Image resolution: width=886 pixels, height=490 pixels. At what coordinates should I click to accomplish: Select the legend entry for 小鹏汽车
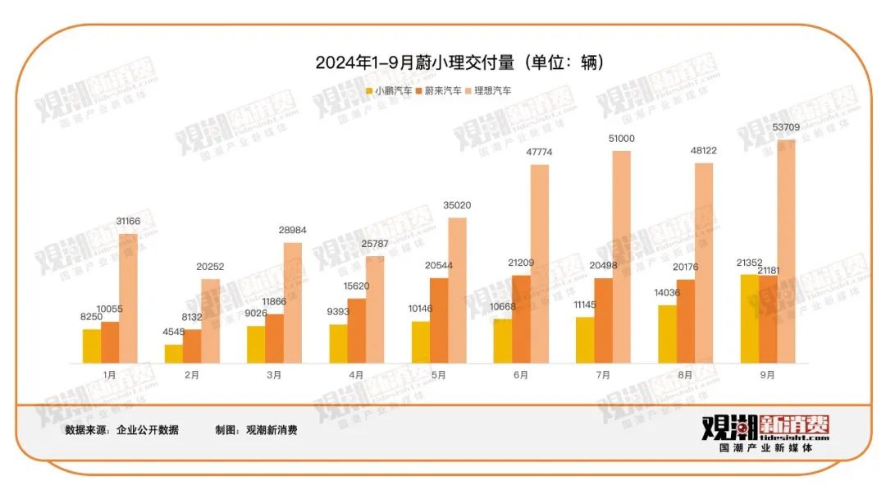pos(389,91)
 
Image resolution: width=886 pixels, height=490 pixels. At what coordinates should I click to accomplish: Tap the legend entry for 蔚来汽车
pos(438,91)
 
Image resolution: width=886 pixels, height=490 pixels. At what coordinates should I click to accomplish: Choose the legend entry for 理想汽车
pos(487,91)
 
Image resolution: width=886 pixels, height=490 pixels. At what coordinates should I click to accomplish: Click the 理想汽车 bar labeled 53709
pos(786,251)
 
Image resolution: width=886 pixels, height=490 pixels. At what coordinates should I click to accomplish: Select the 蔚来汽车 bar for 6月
pos(521,319)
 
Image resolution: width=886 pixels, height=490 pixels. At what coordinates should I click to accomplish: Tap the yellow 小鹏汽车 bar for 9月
pos(749,318)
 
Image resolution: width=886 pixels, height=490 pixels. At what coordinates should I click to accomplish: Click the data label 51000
pos(621,139)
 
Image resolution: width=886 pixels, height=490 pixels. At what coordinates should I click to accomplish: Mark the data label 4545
pos(173,332)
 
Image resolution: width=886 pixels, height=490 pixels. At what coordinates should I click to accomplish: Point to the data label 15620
pos(356,286)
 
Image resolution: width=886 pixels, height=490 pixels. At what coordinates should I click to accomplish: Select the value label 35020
pos(457,205)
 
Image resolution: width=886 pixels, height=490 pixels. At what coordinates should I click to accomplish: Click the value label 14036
pos(666,293)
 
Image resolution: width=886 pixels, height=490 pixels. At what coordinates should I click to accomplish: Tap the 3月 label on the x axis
pos(274,374)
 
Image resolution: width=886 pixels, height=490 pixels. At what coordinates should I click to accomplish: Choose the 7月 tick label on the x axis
pos(603,374)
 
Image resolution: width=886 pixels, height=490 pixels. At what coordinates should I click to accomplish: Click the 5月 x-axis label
pos(439,374)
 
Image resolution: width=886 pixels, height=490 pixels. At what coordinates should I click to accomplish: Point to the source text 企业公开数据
pos(147,430)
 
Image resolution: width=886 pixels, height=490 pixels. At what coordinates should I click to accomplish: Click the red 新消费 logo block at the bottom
pos(794,424)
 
